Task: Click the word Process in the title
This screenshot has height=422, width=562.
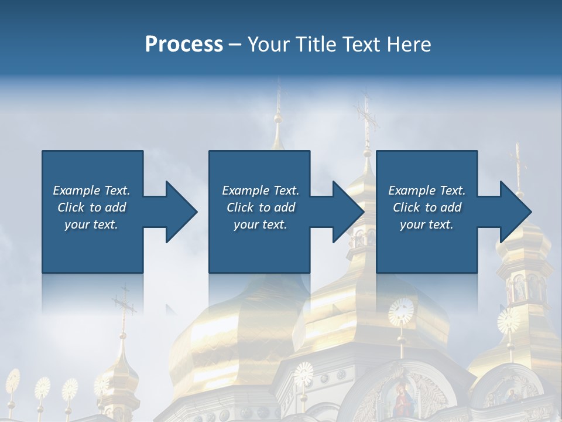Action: point(184,45)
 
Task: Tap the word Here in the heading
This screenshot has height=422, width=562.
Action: point(409,45)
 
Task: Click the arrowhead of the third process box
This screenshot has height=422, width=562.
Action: point(515,212)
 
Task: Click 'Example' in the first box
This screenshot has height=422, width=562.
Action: point(76,190)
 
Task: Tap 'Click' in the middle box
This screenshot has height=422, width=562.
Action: point(241,207)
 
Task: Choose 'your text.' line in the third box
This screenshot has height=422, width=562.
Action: point(426,224)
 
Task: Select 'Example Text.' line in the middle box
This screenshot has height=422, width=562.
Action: point(260,190)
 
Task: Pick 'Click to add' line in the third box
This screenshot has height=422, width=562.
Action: point(427,207)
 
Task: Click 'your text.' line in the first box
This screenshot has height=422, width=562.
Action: point(91,224)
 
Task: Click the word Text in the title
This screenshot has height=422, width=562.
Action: point(361,45)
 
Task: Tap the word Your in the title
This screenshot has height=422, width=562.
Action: point(270,45)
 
